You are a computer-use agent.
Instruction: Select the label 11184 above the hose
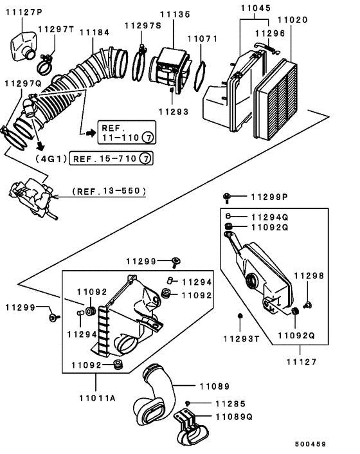[x=94, y=32]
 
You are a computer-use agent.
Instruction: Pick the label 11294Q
[x=269, y=217]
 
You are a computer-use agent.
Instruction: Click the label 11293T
[x=240, y=338]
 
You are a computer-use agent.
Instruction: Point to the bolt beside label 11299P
[x=228, y=196]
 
